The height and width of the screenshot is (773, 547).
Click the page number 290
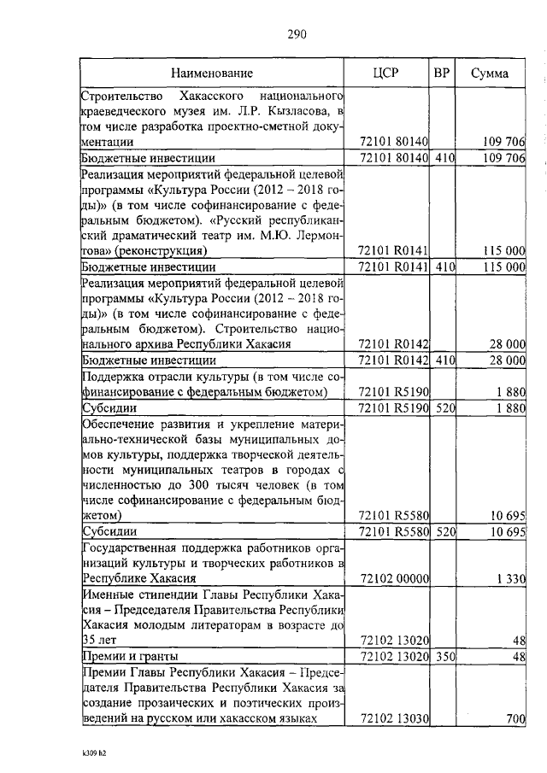(x=297, y=34)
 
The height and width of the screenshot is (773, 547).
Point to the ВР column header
(x=442, y=73)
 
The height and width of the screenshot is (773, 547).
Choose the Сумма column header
(x=490, y=73)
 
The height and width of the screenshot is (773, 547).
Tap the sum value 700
(x=514, y=719)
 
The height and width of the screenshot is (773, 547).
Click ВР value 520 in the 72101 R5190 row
(x=442, y=407)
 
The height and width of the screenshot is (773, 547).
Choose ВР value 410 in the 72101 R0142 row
(x=442, y=360)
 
